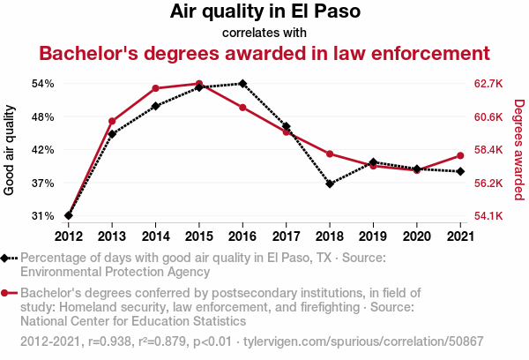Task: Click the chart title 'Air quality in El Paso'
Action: point(264,12)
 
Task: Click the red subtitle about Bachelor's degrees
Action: point(264,53)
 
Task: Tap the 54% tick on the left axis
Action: point(42,84)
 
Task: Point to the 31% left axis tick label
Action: point(42,215)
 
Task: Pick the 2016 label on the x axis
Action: point(242,236)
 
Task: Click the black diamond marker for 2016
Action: point(242,84)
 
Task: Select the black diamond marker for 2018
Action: point(330,184)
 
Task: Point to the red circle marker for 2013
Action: point(112,121)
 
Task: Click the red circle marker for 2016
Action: point(242,108)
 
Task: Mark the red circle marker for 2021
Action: point(459,155)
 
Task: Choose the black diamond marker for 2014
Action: point(155,106)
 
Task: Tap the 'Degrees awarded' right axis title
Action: point(518,150)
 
